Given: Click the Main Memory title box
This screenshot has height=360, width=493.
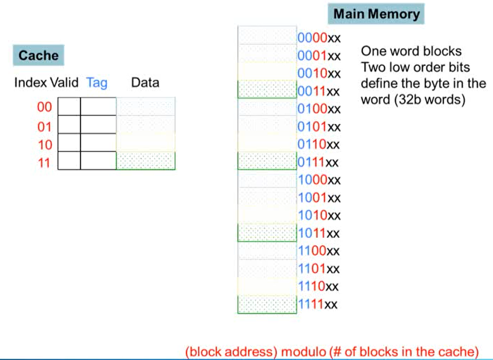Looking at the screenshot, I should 376,14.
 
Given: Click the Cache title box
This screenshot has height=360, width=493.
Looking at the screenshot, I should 38,55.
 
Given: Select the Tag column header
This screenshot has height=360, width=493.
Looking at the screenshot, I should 97,83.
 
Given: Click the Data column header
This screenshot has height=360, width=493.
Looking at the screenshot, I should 145,83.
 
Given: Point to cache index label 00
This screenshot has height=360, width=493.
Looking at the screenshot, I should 44,108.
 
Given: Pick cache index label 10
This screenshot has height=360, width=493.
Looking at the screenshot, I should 44,144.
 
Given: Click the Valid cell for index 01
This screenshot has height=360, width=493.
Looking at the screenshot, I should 69,125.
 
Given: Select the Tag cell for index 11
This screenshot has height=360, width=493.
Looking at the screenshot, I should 98,160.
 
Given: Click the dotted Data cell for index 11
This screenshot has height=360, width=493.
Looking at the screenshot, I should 146,160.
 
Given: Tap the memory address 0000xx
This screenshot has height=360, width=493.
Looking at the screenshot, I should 319,38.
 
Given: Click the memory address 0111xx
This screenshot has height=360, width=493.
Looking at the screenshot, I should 318,163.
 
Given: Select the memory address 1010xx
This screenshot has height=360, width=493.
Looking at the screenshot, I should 319,216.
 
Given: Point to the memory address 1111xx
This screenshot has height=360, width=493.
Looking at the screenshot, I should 318,304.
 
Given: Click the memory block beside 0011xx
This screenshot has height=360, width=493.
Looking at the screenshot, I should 267,89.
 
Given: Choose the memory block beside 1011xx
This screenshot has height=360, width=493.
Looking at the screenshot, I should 267,232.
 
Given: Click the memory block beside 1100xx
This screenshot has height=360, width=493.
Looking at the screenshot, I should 267,250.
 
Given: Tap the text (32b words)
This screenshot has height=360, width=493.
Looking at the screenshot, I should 413,100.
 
